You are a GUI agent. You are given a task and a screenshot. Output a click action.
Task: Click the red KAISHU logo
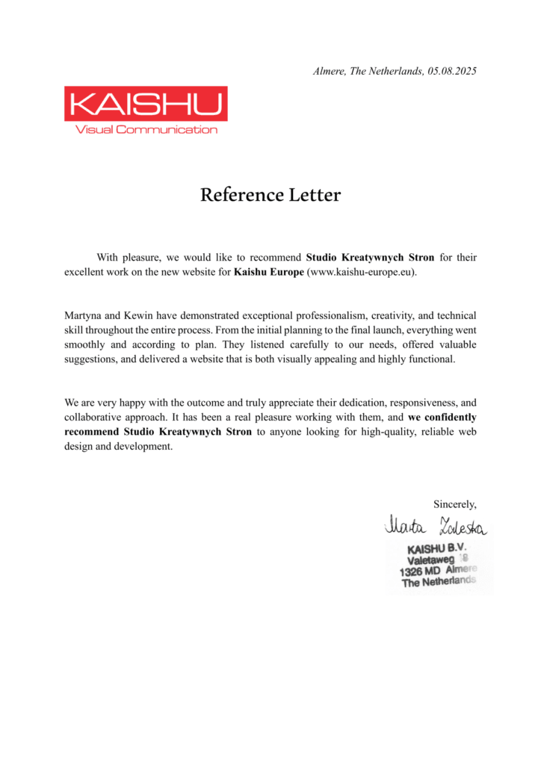point(146,104)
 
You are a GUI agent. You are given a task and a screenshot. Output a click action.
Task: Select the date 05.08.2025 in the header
point(452,72)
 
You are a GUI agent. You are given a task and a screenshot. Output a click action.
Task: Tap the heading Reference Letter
point(270,196)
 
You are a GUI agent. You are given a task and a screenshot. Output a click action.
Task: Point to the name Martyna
point(84,316)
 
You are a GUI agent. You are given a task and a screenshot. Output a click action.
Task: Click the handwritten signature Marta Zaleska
point(436,527)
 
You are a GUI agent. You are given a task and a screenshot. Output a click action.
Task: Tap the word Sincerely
point(454,504)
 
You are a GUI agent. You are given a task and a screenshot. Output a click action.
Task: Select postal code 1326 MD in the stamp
point(421,572)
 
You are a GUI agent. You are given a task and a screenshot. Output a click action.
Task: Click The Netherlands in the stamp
point(438,583)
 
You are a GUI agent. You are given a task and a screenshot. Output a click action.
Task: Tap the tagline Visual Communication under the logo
point(146,130)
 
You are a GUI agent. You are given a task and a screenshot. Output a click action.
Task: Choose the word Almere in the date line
point(330,72)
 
